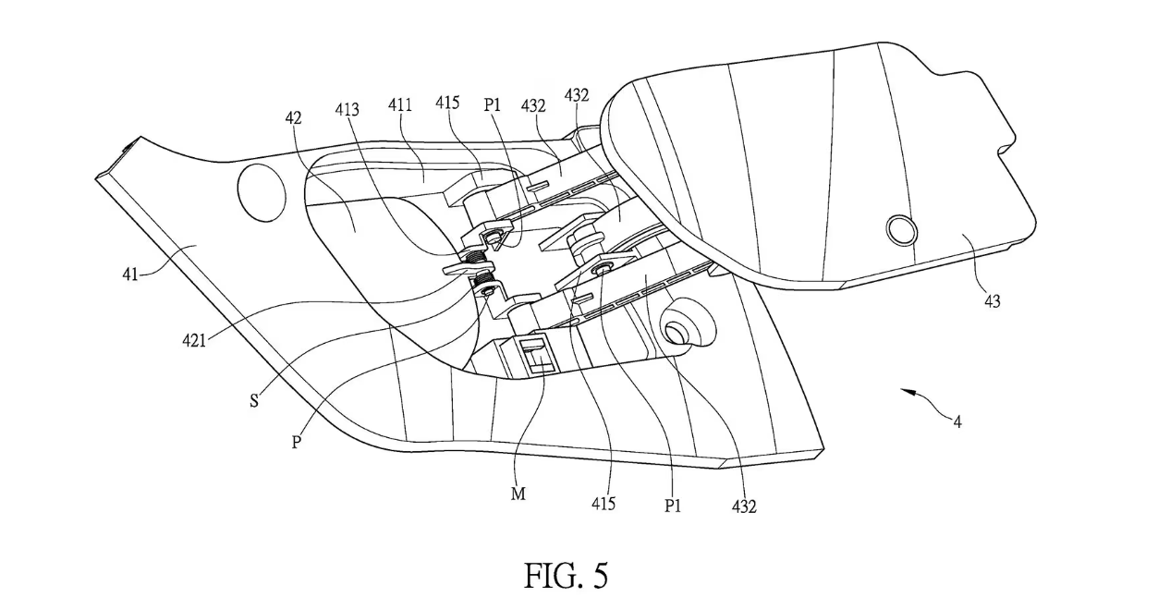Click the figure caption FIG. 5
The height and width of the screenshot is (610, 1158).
pyautogui.click(x=567, y=576)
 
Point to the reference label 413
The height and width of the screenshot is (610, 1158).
pyautogui.click(x=349, y=110)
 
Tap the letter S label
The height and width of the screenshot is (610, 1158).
pyautogui.click(x=253, y=400)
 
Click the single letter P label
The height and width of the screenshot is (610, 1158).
pyautogui.click(x=297, y=441)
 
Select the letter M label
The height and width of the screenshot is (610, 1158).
pyautogui.click(x=518, y=494)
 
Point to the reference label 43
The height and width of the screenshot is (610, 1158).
pyautogui.click(x=991, y=300)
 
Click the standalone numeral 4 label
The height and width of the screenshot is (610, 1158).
pyautogui.click(x=957, y=422)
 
